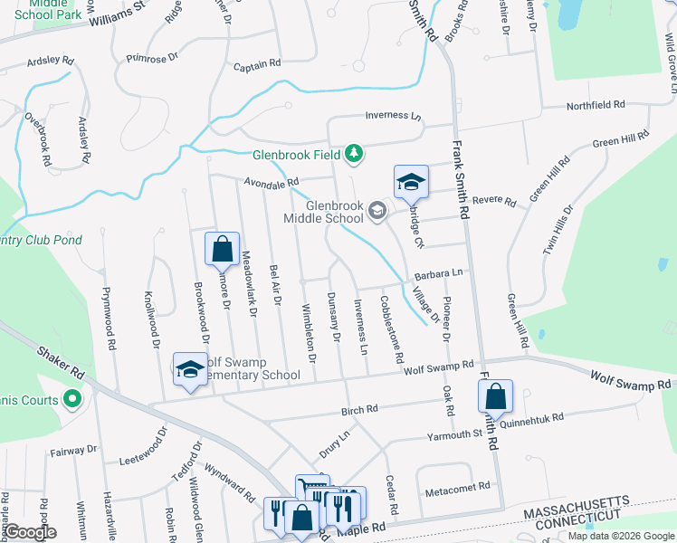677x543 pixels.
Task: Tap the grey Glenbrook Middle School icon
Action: click(377, 212)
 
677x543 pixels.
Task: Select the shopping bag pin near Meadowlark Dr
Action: click(222, 248)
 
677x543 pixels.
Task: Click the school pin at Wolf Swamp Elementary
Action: click(190, 369)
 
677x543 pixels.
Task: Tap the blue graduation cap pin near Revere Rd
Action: click(411, 182)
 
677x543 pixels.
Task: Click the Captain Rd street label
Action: click(257, 66)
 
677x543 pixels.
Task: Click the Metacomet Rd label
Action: click(457, 486)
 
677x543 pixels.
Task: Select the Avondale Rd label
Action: click(271, 183)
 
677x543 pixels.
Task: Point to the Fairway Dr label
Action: click(73, 449)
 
